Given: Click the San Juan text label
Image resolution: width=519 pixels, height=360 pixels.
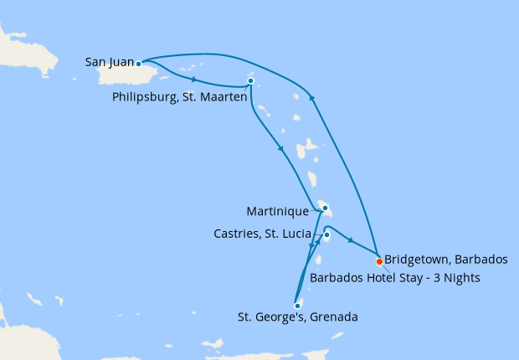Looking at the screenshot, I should (110, 61).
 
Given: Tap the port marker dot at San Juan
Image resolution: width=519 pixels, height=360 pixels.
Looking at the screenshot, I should (139, 63).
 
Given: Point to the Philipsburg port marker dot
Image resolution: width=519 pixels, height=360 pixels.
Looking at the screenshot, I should (250, 81).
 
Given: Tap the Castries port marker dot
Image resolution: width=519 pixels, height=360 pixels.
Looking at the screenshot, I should (326, 235).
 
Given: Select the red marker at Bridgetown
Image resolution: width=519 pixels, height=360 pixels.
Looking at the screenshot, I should (379, 260).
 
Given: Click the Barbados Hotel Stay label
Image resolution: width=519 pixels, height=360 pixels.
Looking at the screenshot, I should (395, 278).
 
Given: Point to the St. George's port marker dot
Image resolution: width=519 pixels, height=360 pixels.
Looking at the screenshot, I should (297, 306).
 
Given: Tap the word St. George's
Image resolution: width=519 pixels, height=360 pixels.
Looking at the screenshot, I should (267, 317).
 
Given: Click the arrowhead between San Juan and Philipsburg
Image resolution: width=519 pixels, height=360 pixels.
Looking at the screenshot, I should (195, 80).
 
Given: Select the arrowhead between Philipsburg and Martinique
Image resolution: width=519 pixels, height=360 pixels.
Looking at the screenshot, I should (280, 150).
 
